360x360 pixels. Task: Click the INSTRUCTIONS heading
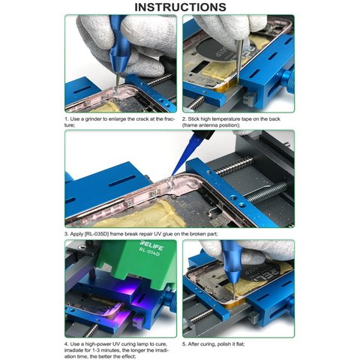click(x=180, y=7)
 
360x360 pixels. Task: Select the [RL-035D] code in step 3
click(x=96, y=234)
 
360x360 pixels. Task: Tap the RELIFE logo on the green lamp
click(x=151, y=245)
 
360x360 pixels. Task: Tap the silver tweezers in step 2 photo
click(x=238, y=60)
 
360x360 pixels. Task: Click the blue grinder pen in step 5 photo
click(x=229, y=265)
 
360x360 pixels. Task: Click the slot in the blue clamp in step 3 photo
click(x=122, y=181)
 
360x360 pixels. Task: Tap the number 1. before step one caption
click(x=67, y=119)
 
